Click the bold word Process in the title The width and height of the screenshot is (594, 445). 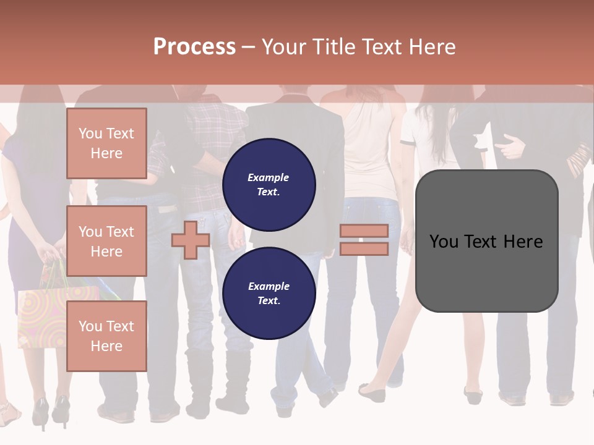click(194, 47)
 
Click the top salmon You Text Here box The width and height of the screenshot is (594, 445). click(106, 143)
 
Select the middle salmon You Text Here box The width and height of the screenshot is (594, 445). click(106, 241)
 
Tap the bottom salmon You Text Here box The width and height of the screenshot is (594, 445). click(106, 336)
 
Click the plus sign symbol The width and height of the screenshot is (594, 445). click(191, 240)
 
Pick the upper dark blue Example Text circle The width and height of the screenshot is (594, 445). click(269, 185)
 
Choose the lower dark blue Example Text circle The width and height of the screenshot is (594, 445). click(269, 294)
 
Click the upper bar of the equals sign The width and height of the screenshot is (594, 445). click(364, 231)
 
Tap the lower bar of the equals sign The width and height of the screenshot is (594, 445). click(364, 249)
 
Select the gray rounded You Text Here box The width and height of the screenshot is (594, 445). click(486, 241)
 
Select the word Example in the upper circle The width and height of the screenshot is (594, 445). click(269, 178)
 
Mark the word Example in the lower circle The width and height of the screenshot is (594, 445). click(269, 287)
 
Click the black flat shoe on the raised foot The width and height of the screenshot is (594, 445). click(371, 393)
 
